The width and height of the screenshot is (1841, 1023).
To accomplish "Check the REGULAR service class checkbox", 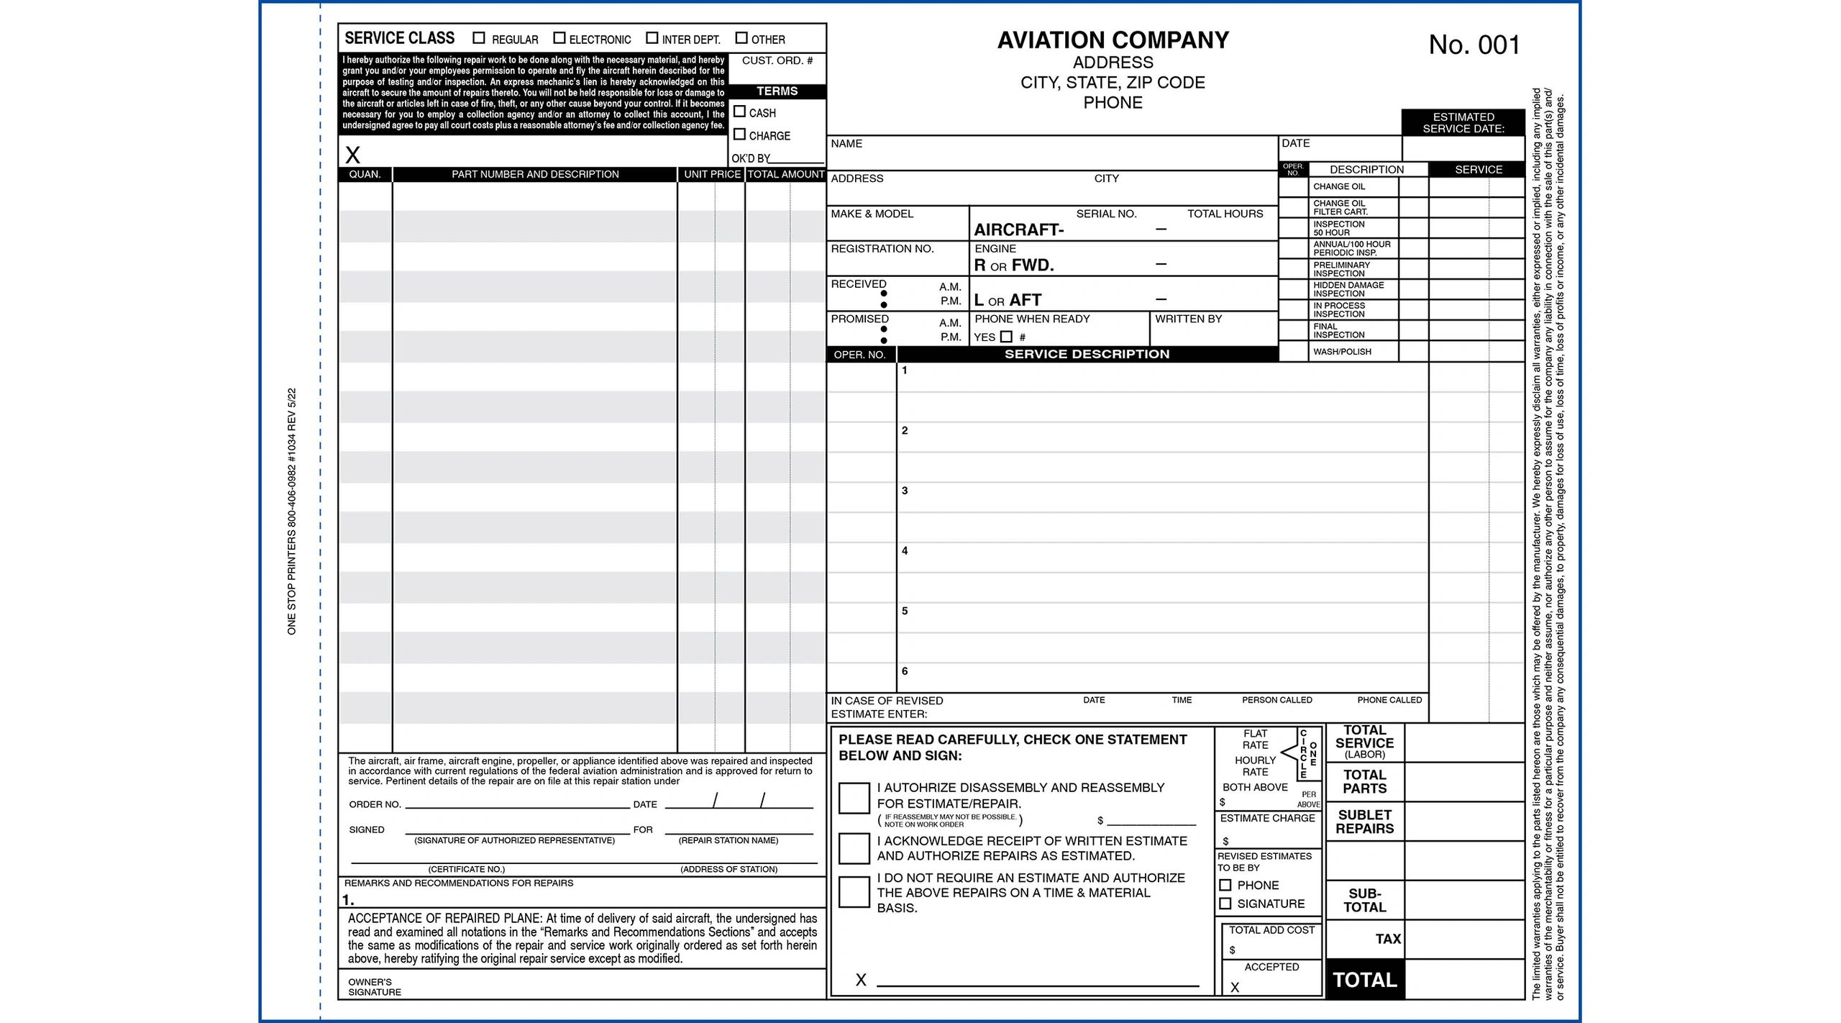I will (479, 38).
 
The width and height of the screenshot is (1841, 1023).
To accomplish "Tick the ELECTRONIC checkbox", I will (559, 38).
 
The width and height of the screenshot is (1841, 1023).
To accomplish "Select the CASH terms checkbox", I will (739, 112).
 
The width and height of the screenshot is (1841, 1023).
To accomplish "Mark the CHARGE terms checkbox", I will (739, 135).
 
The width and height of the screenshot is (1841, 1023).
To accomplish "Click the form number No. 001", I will (1474, 45).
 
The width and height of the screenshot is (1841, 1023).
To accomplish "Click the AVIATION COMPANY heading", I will (1113, 40).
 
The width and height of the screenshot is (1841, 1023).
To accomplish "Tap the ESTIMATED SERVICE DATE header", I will (1463, 123).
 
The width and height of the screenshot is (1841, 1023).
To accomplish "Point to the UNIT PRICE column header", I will (712, 175).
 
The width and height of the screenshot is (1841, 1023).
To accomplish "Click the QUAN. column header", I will (365, 175).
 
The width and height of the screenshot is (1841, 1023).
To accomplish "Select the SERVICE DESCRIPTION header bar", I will (1087, 354).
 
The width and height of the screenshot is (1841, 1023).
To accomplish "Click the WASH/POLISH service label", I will (1342, 352).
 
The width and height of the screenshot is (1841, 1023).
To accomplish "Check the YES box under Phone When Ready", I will (1006, 337).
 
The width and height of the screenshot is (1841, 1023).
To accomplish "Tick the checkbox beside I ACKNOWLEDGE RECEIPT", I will (854, 849).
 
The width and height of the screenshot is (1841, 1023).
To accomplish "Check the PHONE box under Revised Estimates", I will (1225, 886).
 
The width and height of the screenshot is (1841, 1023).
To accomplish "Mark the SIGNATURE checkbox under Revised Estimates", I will (1225, 904).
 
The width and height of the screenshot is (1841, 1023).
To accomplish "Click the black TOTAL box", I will (1364, 980).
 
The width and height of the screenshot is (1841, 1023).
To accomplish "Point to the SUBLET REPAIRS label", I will (1364, 822).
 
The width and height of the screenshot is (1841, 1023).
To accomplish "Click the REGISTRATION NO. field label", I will (882, 249).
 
